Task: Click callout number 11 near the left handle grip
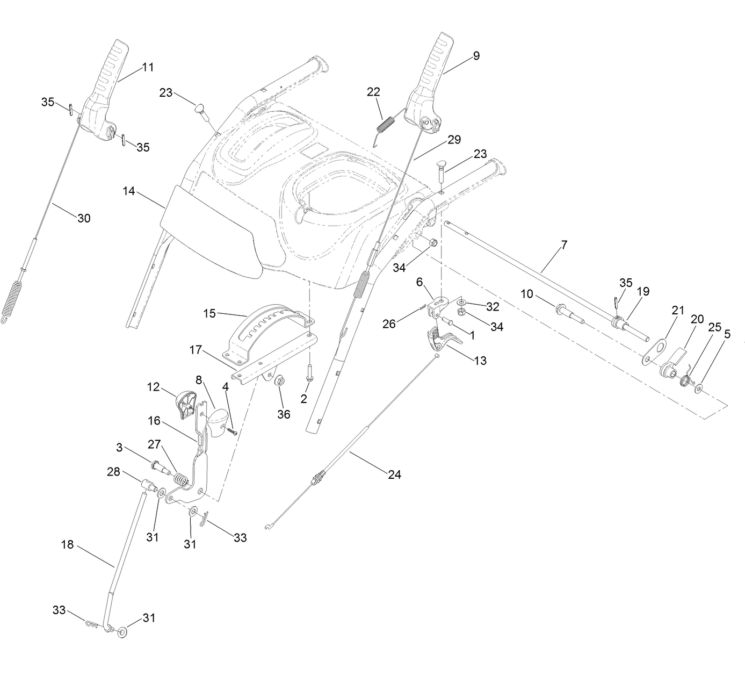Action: [x=148, y=67]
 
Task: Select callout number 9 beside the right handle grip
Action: [x=476, y=55]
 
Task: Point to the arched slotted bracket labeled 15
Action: [x=272, y=328]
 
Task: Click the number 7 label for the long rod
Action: [x=563, y=245]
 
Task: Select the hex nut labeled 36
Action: [x=280, y=381]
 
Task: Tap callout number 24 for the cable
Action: [x=395, y=474]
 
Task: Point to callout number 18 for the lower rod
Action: [x=67, y=544]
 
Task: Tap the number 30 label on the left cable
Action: [x=84, y=218]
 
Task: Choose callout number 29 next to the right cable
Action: [x=454, y=140]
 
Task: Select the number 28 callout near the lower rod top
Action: [x=113, y=472]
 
